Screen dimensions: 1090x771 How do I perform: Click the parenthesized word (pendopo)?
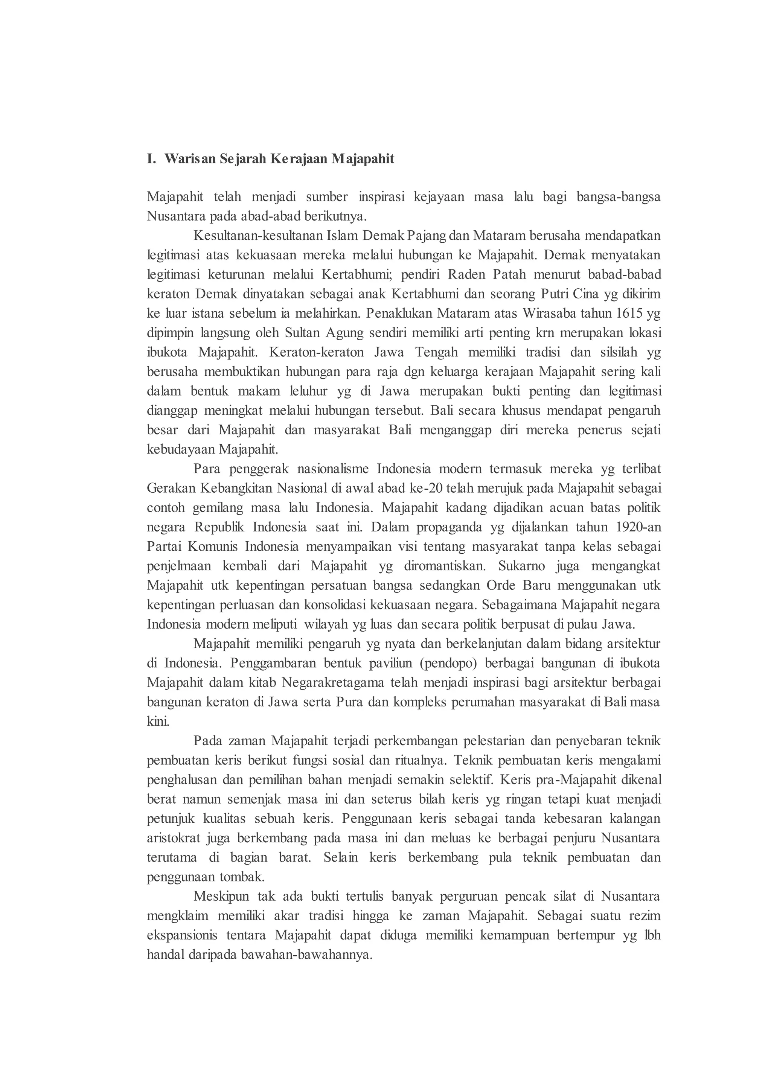tap(449, 663)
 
